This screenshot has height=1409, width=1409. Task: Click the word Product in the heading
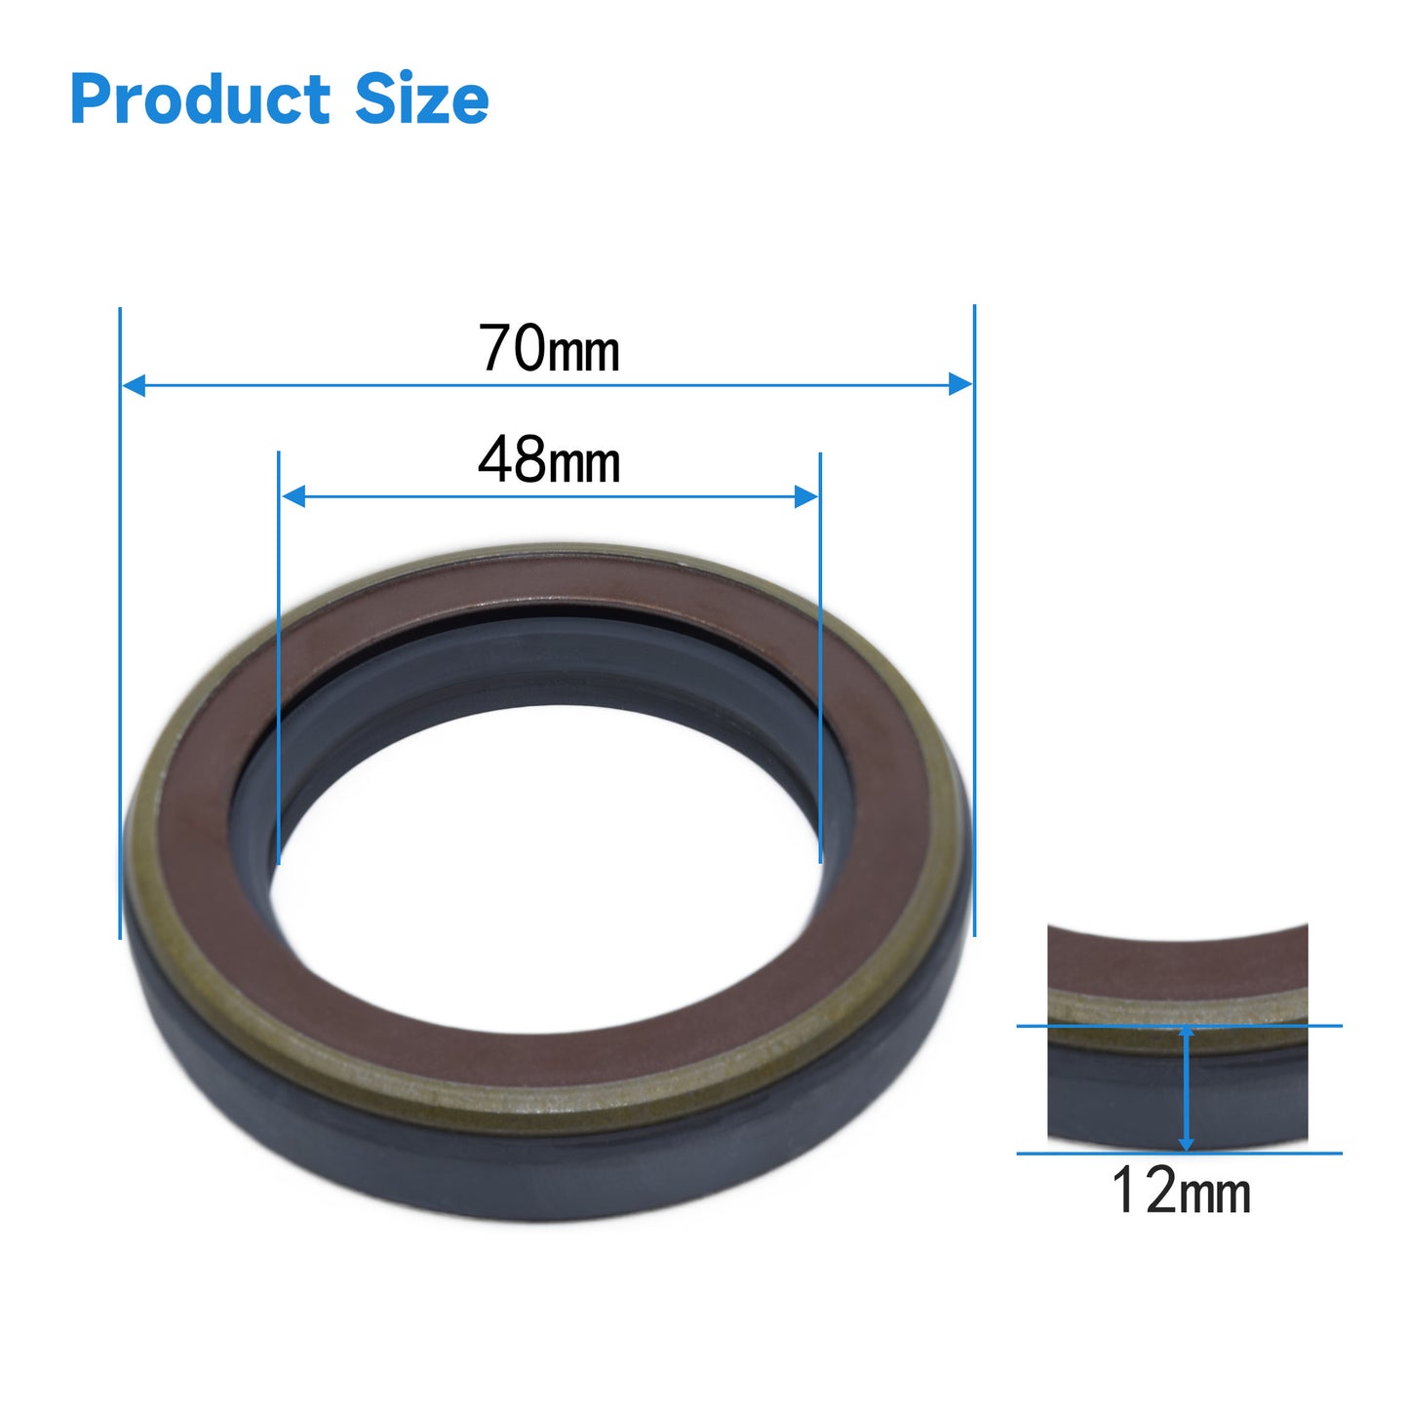[x=200, y=99]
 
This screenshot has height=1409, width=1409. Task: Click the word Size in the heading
[x=421, y=98]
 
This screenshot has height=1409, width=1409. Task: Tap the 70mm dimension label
[x=548, y=348]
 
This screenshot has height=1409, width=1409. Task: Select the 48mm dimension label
[x=548, y=460]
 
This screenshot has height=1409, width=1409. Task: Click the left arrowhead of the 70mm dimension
[x=133, y=384]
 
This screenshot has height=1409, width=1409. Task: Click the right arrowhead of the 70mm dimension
[x=960, y=384]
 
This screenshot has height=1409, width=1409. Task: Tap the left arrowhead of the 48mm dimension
[x=294, y=496]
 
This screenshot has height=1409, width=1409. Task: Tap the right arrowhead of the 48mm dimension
[x=805, y=496]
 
